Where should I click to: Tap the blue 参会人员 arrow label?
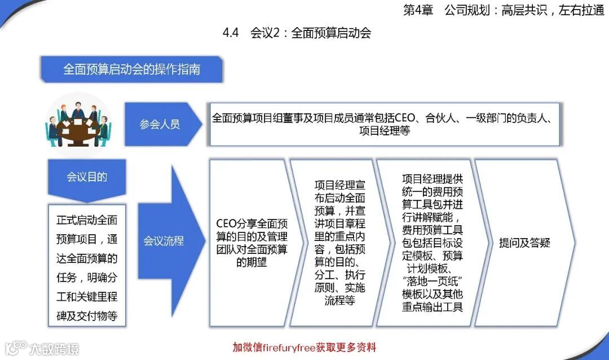pos(160,124)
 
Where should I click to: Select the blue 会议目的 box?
pos(87,177)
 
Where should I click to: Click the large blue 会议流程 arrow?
pos(164,241)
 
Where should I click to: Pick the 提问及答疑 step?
pos(524,243)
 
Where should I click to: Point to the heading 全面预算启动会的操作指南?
pos(132,70)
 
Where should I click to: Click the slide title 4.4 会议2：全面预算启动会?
pos(297,33)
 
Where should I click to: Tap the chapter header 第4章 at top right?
pos(418,11)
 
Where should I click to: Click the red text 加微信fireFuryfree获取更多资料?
pos(304,347)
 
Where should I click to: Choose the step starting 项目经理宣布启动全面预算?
pos(340,243)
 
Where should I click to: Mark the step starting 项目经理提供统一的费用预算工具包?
pos(433,243)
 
